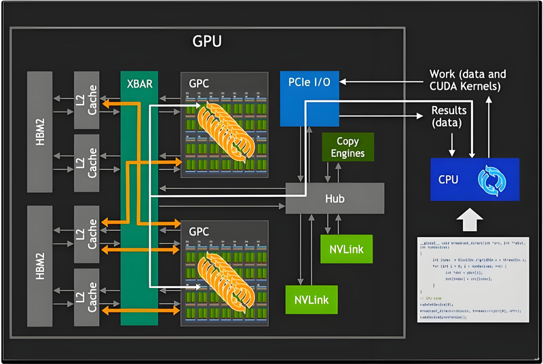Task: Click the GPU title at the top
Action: (206, 41)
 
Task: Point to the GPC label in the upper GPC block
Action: (200, 84)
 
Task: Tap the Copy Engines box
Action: (348, 147)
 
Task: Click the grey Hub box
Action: (335, 198)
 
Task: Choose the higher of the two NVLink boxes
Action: (347, 249)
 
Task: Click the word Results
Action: (449, 109)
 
